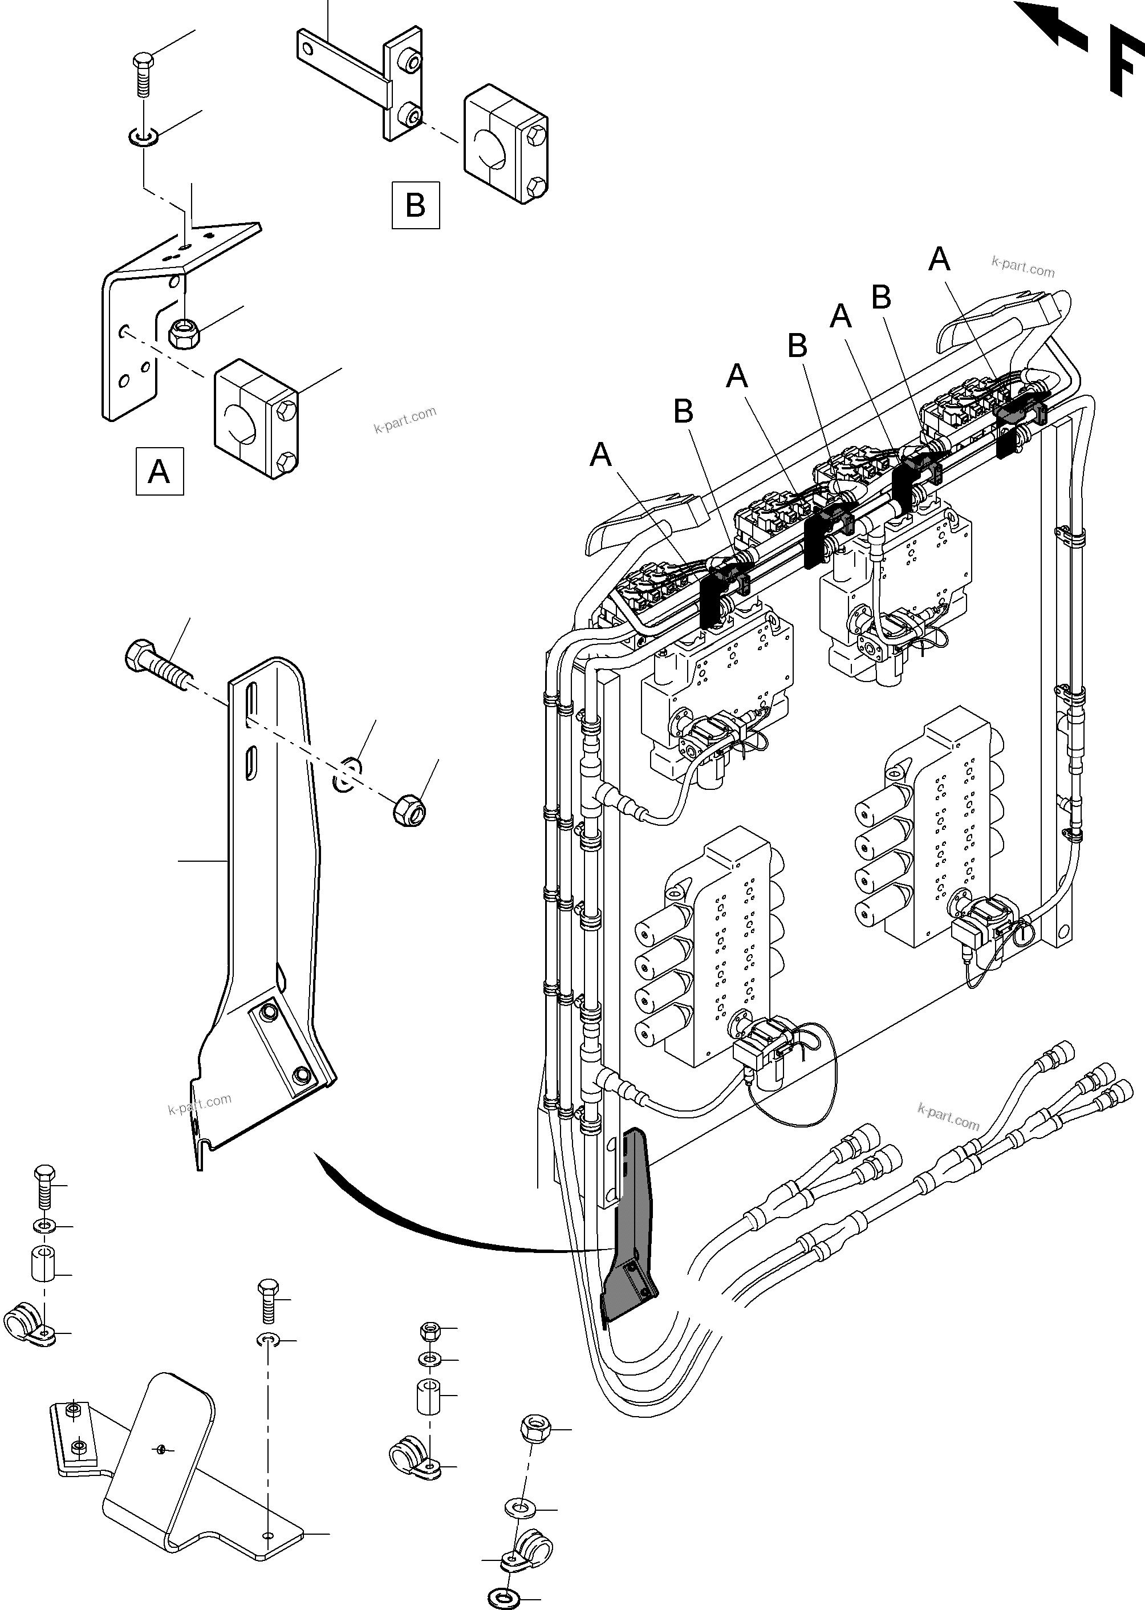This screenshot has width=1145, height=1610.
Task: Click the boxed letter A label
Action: click(159, 471)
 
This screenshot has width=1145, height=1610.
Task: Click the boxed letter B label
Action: click(415, 205)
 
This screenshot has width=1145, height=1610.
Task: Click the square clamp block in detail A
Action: click(256, 419)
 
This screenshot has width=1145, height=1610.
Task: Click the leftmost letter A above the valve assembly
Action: click(600, 455)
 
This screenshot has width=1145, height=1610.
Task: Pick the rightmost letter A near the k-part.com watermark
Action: click(939, 259)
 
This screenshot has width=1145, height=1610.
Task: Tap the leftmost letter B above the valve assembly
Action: click(683, 411)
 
